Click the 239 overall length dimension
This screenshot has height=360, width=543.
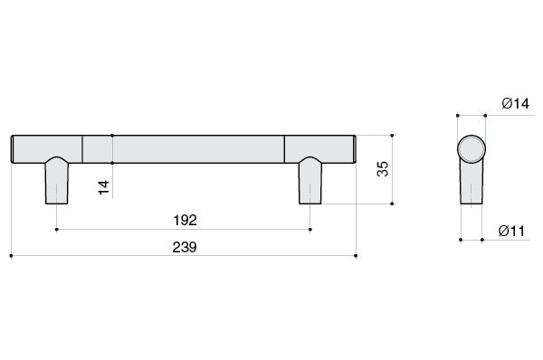(x=185, y=247)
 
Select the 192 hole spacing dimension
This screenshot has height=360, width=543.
(x=185, y=220)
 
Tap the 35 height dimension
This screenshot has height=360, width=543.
(x=383, y=169)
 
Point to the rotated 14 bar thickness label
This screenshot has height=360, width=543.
(x=103, y=187)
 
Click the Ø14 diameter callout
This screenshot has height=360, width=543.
(x=516, y=103)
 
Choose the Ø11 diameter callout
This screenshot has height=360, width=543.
(x=511, y=231)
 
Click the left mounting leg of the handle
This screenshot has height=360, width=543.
(x=57, y=181)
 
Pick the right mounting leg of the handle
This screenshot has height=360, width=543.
(x=310, y=181)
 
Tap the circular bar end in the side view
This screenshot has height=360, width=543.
(x=472, y=149)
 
